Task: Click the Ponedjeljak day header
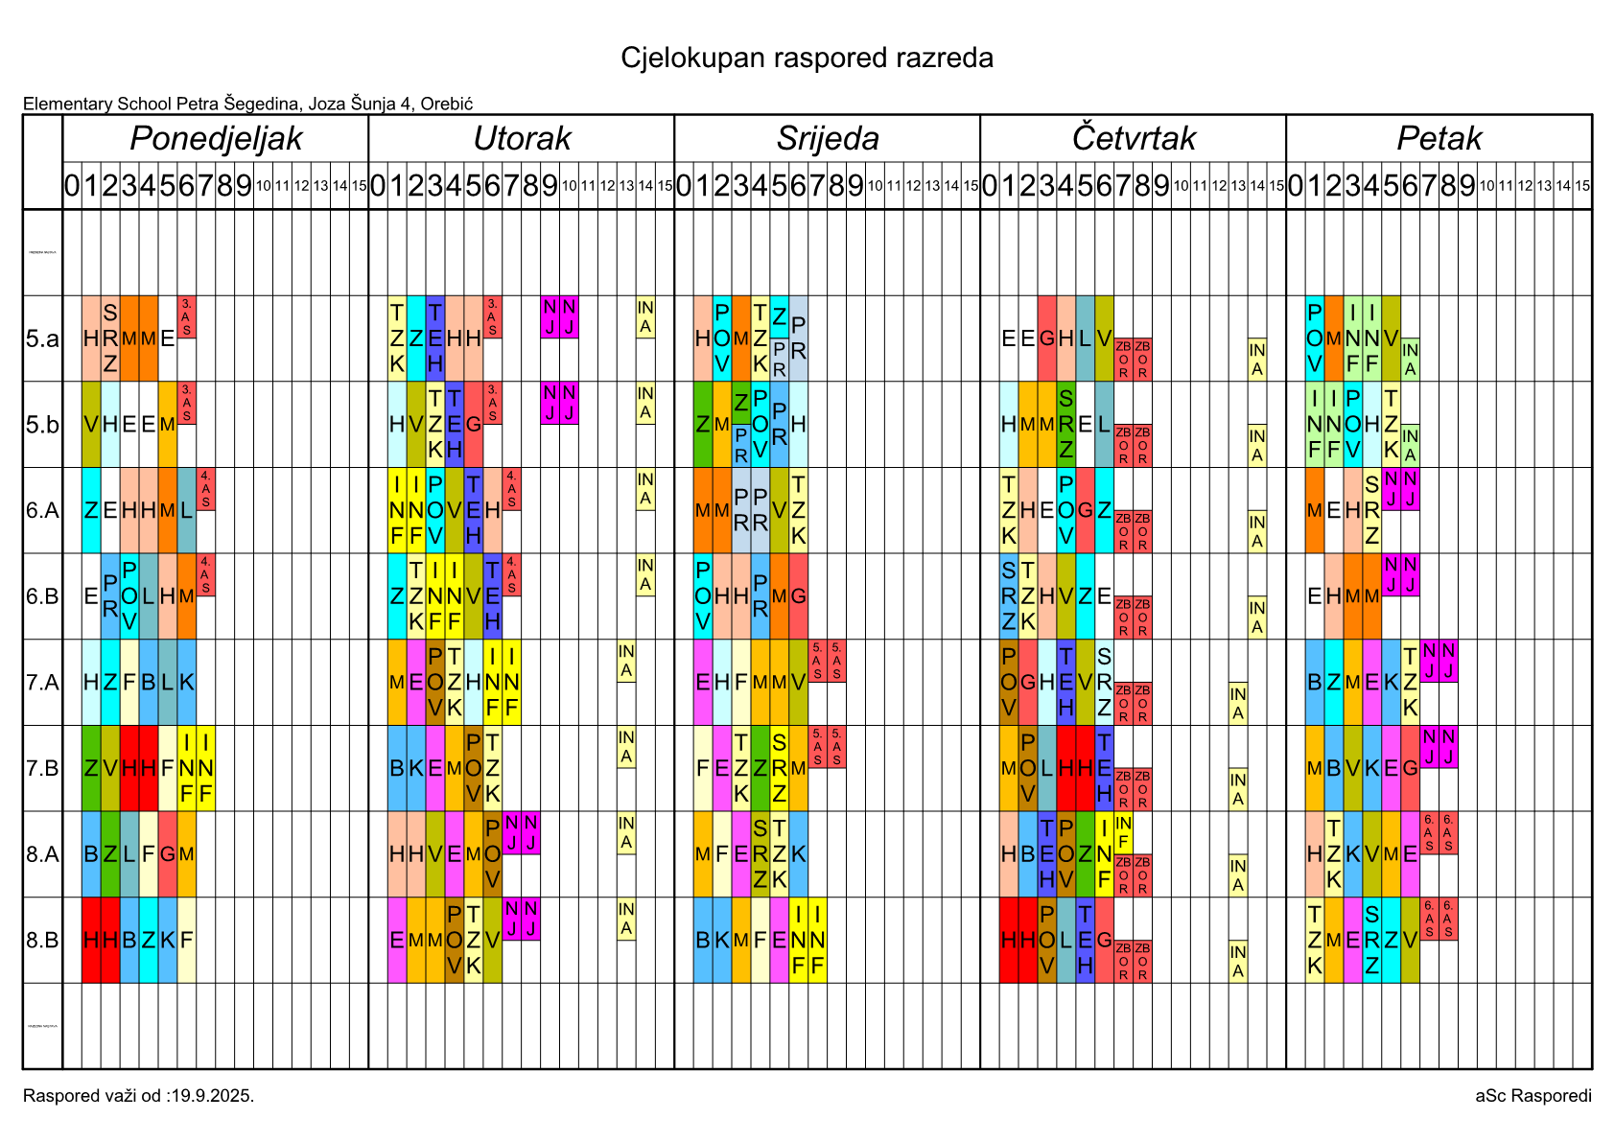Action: (216, 139)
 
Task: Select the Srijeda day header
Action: (828, 139)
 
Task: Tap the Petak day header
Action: (1439, 139)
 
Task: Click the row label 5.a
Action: (42, 338)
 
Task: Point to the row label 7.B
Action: (42, 769)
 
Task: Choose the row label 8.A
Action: (42, 854)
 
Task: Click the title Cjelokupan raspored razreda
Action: (807, 58)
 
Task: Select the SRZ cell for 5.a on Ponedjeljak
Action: (110, 338)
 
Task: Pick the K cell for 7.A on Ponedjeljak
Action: (186, 683)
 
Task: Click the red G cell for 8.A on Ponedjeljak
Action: (167, 854)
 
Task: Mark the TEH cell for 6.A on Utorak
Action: (473, 510)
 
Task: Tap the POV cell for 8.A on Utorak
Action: (492, 854)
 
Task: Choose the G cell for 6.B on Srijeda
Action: (798, 596)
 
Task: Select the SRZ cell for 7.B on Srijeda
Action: (779, 769)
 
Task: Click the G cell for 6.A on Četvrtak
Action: (1085, 510)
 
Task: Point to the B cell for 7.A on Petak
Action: (1314, 683)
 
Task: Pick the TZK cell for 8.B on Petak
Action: (1314, 941)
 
